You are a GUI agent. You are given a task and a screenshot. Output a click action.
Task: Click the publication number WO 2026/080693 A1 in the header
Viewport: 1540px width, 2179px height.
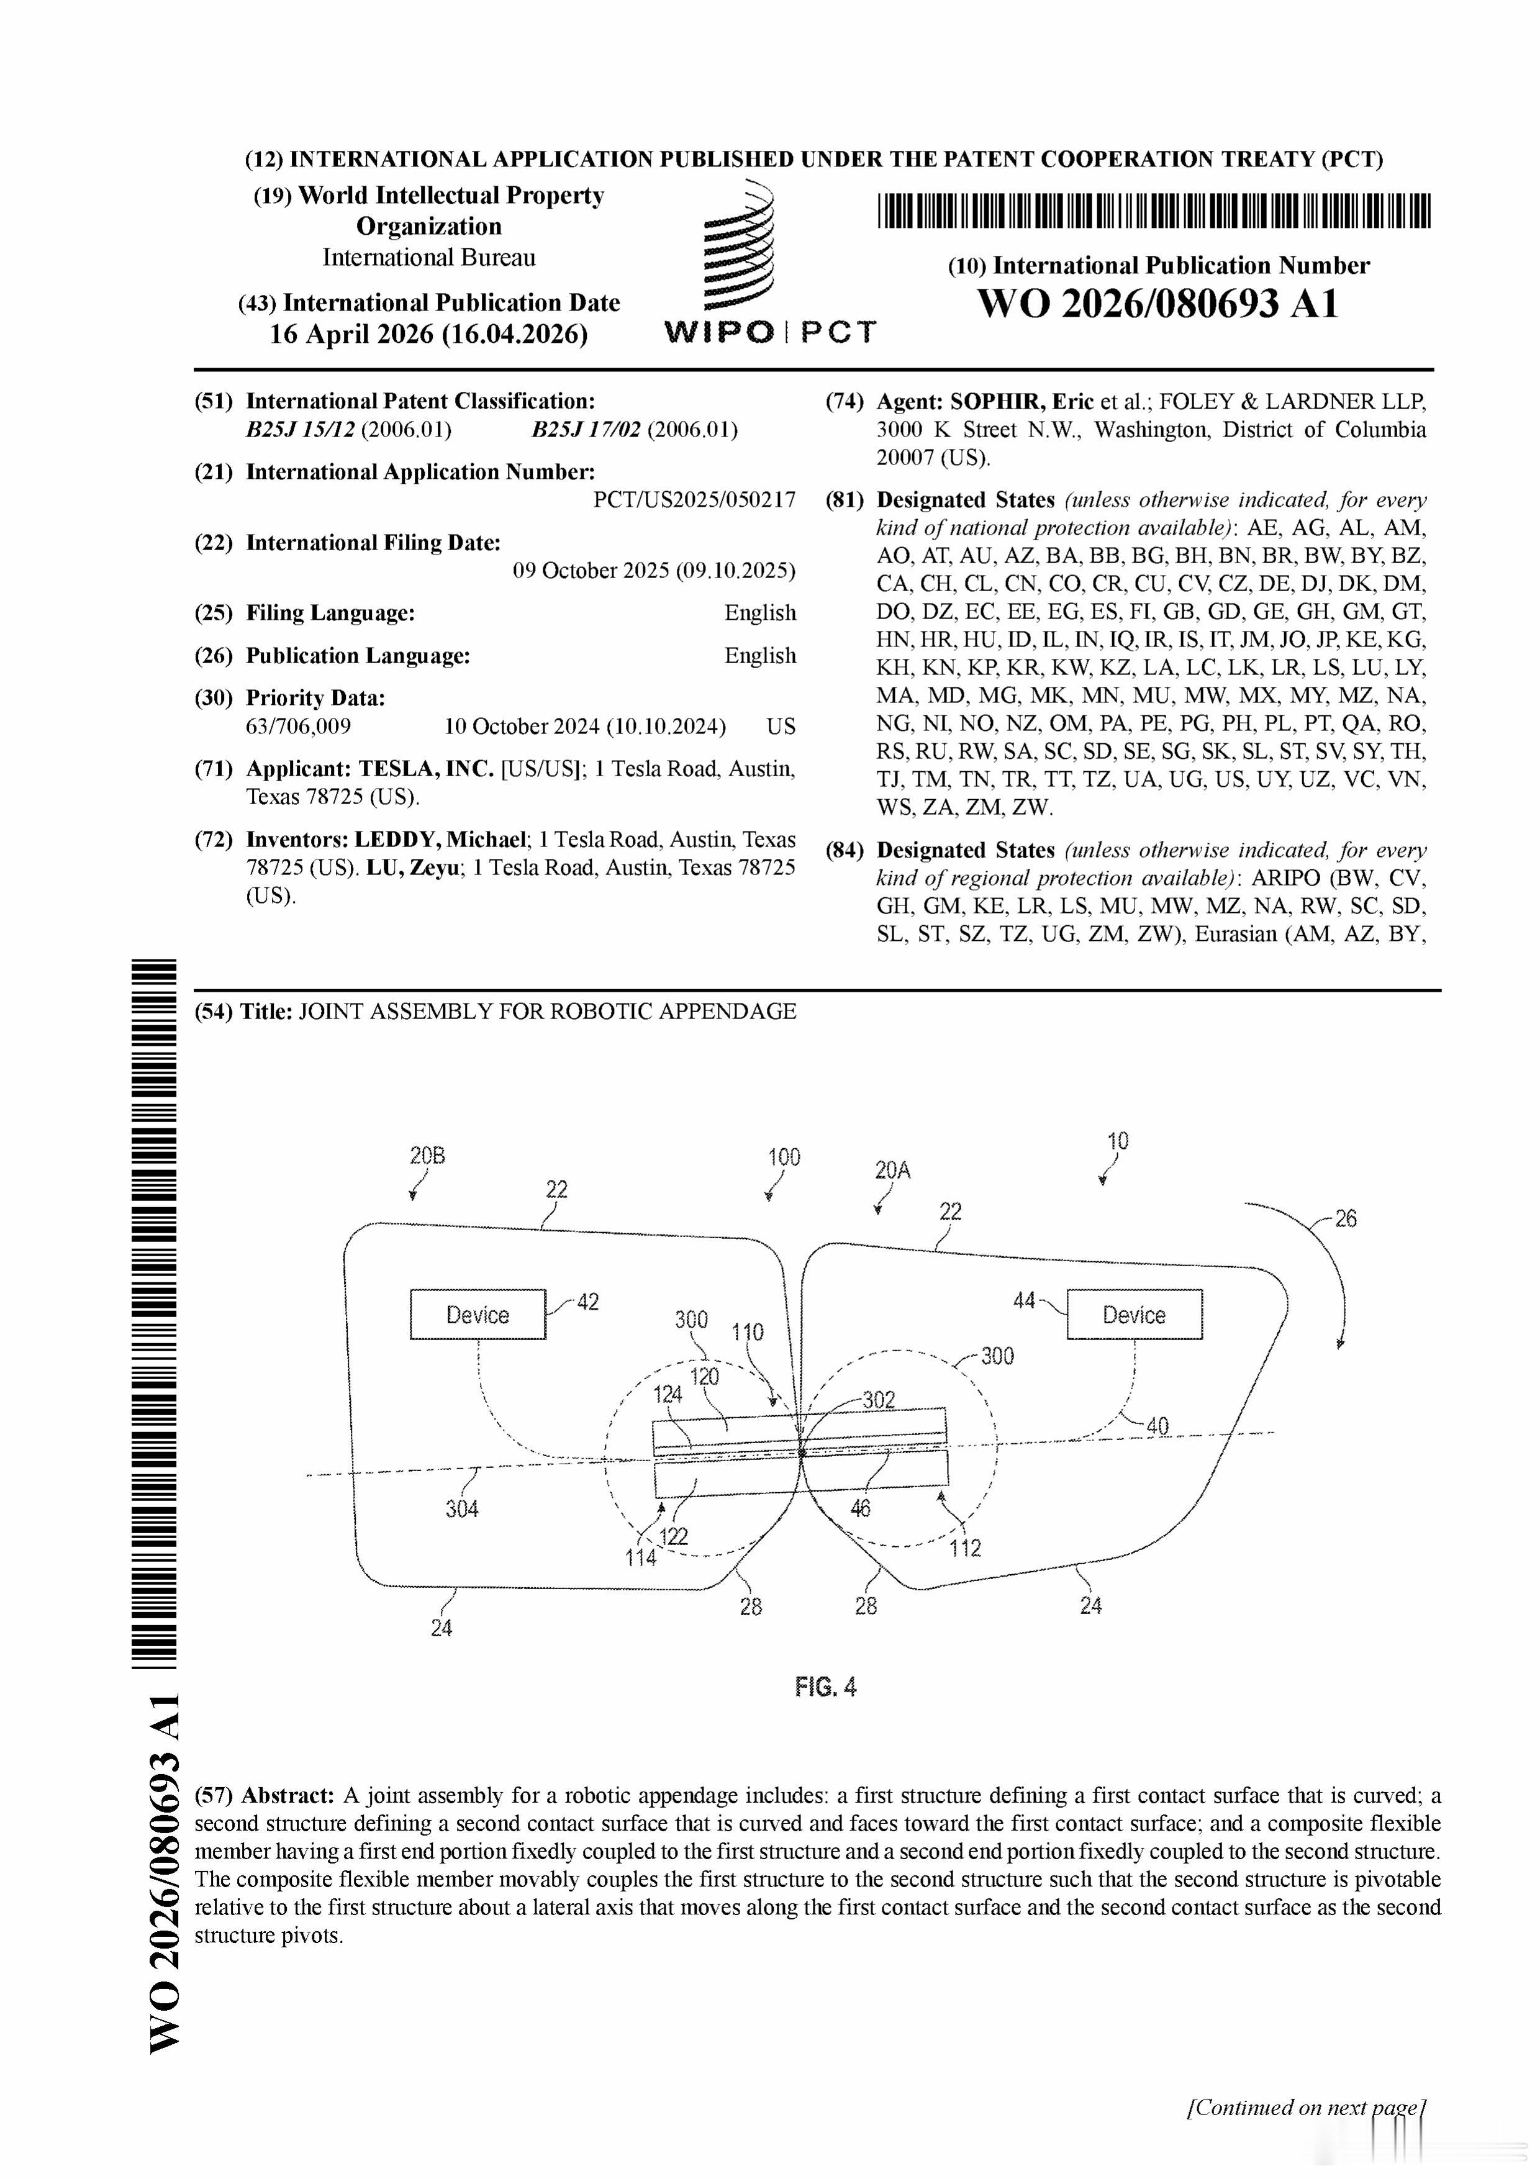coord(1157,304)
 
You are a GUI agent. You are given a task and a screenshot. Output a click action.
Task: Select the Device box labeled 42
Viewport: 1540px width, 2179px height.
coord(478,1315)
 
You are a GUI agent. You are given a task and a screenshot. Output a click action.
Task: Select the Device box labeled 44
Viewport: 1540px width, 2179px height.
coord(1134,1315)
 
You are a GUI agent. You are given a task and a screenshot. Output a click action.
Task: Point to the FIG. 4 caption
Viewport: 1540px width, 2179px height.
coord(825,1687)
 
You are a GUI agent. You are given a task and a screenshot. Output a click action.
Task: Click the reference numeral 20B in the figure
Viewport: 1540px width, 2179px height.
coord(427,1156)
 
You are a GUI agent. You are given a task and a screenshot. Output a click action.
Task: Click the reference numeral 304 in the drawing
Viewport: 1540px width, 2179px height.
coord(462,1509)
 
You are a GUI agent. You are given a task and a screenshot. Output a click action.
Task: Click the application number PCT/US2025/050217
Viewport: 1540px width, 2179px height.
coord(695,500)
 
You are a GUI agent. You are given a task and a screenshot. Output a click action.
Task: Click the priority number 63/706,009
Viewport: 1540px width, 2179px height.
coord(298,727)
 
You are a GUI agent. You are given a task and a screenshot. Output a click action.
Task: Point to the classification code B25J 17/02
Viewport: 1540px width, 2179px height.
coord(586,430)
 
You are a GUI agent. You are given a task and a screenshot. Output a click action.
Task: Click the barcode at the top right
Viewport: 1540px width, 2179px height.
coord(1154,211)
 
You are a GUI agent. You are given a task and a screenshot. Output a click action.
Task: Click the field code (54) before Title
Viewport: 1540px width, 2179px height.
coord(214,1012)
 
